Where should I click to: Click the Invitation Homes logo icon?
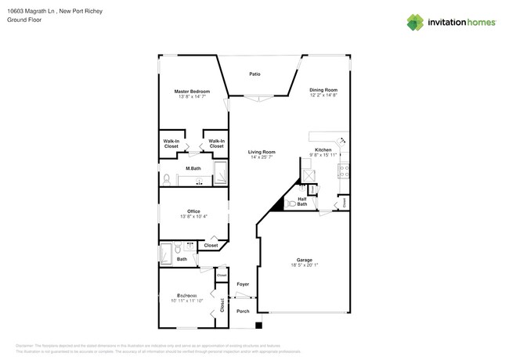click(x=415, y=23)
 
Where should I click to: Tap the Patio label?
click(x=254, y=74)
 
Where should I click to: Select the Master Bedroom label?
click(x=191, y=92)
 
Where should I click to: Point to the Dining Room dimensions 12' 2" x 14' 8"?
click(x=323, y=95)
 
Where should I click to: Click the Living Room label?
click(x=262, y=152)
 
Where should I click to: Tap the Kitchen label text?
click(x=323, y=149)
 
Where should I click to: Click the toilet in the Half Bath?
click(x=291, y=203)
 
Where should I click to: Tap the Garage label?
click(x=304, y=260)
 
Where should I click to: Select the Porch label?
click(x=243, y=311)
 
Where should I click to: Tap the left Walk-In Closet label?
click(x=171, y=144)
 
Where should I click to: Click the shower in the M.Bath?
click(x=218, y=174)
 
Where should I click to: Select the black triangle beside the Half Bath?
click(x=276, y=205)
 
